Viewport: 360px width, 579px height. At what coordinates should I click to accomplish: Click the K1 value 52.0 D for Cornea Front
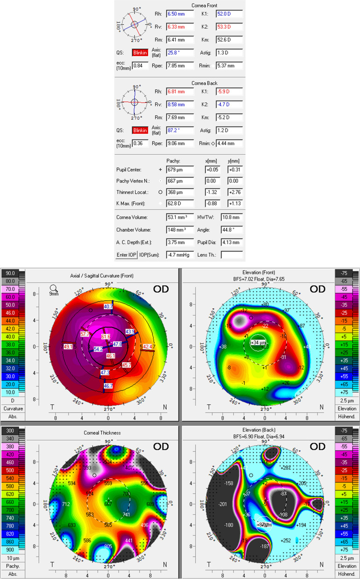(229, 14)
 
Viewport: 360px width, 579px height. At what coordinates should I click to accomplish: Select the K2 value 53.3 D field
(229, 27)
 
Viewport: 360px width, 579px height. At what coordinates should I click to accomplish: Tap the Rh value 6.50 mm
(179, 14)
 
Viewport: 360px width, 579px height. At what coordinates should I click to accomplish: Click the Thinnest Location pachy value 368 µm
(179, 191)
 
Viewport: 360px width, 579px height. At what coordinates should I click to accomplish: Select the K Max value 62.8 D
(179, 204)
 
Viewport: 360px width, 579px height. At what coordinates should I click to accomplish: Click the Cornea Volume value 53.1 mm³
(179, 217)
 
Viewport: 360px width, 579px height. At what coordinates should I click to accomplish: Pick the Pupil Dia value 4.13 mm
(232, 242)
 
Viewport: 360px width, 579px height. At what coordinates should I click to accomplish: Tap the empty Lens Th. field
(232, 255)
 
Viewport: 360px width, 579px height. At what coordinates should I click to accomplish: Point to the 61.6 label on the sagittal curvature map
(106, 336)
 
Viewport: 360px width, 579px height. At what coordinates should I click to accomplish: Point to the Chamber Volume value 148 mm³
(179, 230)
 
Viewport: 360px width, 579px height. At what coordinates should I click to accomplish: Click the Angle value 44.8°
(232, 230)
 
